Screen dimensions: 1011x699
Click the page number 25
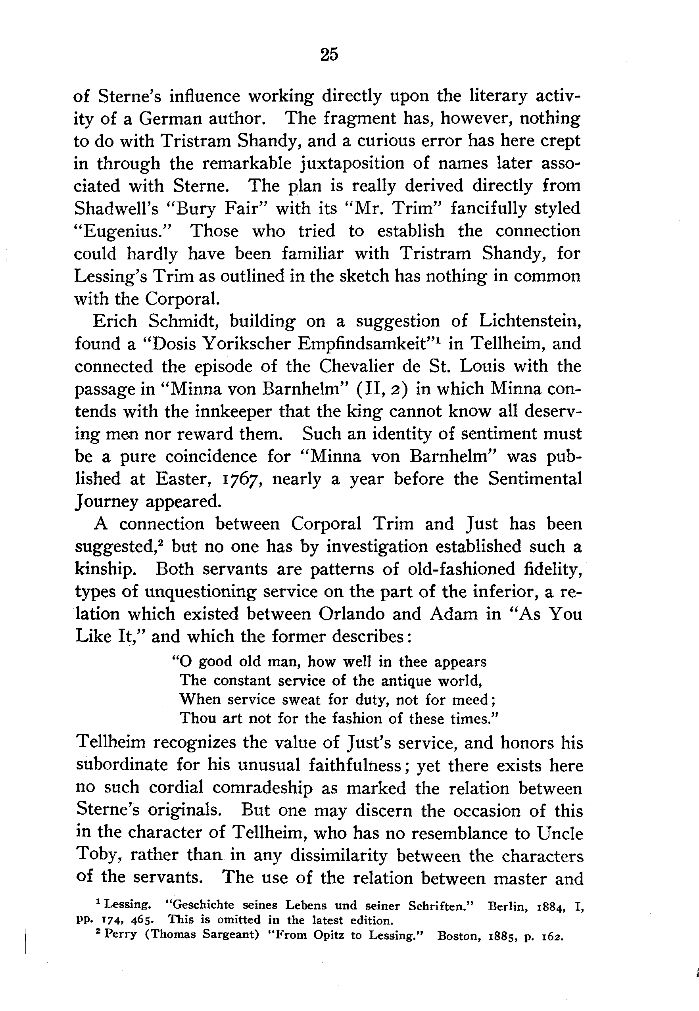(329, 55)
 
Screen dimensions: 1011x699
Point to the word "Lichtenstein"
(529, 321)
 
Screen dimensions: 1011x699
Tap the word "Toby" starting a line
(94, 856)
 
